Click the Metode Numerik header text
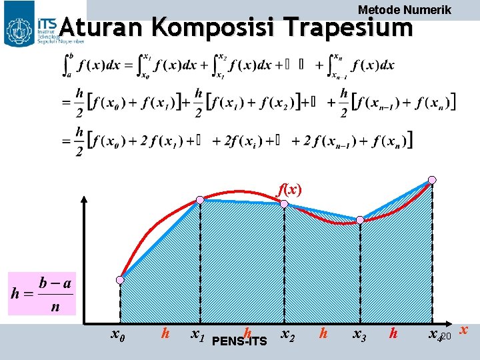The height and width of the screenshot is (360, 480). coord(405,9)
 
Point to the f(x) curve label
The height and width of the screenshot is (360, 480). coord(289,189)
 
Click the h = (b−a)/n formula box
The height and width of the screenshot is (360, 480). coord(42,294)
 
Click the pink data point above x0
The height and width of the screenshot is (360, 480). coord(121,279)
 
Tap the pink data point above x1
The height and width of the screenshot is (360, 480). coord(201,199)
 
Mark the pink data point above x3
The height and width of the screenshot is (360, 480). coord(360,219)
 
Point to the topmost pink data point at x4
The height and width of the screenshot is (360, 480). coord(432,179)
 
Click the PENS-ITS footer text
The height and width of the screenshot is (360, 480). coord(239,342)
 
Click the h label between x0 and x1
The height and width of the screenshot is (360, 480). coord(165,332)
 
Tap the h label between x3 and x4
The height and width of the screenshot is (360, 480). coord(394,332)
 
